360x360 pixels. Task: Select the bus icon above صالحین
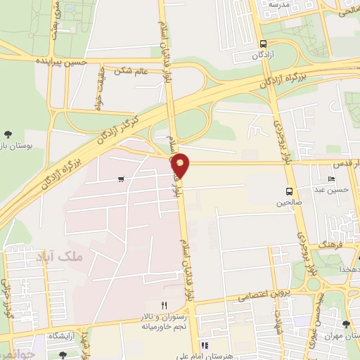coord(289,191)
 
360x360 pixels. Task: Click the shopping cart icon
coord(122,179)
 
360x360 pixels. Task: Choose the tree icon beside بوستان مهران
coord(345,324)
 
